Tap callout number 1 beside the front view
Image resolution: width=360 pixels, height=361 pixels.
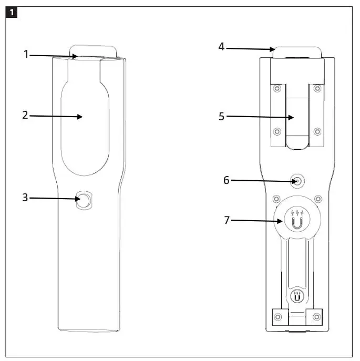coord(26,54)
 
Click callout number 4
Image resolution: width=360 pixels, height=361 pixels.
coord(222,47)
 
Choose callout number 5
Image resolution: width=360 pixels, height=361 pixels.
coord(222,117)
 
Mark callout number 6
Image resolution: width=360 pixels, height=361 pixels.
coord(227,180)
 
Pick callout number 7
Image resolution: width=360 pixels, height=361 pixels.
coord(227,221)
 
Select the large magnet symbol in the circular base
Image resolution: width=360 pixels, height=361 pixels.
coord(297,223)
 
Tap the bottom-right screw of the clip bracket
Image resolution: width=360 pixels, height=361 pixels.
coord(317,131)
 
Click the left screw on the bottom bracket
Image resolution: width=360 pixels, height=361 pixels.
coord(278,317)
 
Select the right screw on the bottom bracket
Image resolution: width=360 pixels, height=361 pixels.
coord(316,317)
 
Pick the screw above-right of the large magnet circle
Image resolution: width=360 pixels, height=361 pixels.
coord(318,199)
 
